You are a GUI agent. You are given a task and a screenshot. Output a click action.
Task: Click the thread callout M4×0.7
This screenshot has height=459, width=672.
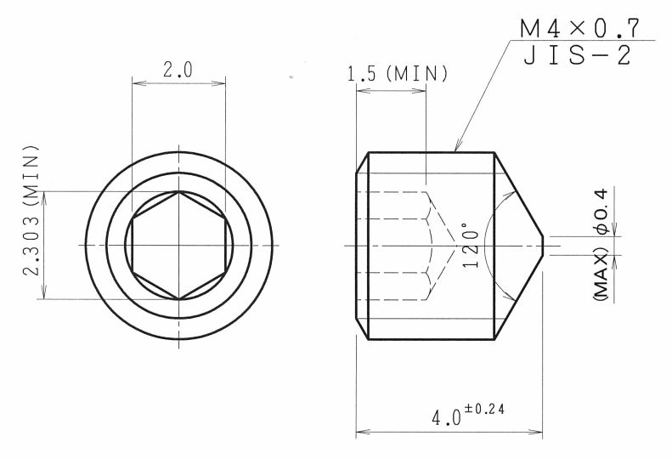pyautogui.click(x=579, y=28)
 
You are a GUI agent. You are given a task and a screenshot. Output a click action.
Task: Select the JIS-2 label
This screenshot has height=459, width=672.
pyautogui.click(x=578, y=55)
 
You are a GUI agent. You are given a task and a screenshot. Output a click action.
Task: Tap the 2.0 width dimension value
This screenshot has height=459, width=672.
pyautogui.click(x=178, y=70)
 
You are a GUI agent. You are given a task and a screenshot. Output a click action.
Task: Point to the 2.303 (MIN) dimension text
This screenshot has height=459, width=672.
pyautogui.click(x=31, y=210)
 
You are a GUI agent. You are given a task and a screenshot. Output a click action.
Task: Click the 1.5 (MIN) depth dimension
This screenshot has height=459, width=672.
pyautogui.click(x=398, y=74)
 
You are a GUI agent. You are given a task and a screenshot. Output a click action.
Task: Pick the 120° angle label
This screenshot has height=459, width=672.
pyautogui.click(x=471, y=245)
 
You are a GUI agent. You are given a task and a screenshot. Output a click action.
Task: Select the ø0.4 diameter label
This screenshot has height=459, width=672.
pyautogui.click(x=601, y=211)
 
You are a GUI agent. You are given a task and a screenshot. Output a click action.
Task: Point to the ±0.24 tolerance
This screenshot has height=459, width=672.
pyautogui.click(x=484, y=409)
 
